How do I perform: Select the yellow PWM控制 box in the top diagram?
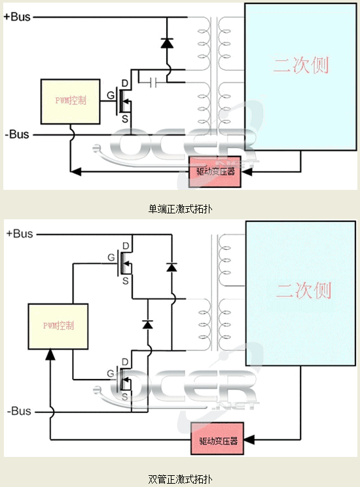click(69, 101)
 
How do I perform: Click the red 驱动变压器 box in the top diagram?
click(215, 172)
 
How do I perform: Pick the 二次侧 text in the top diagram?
click(300, 65)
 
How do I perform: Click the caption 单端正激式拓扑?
click(180, 209)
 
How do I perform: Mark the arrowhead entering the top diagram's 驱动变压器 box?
click(247, 172)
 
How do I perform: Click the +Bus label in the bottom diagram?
click(19, 234)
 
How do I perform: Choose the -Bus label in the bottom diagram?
click(19, 411)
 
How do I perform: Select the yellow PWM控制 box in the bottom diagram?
click(58, 325)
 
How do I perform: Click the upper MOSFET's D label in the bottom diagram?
click(125, 245)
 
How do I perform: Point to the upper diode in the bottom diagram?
click(171, 266)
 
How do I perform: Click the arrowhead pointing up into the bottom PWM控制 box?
click(49, 354)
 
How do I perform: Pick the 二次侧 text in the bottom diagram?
click(302, 290)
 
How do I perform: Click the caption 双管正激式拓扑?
click(180, 479)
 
